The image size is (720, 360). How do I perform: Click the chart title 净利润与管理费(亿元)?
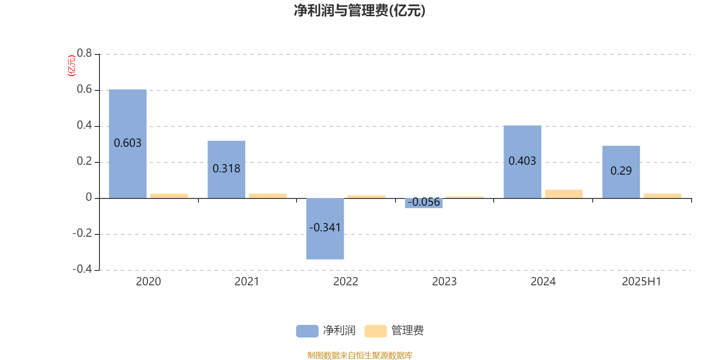[x=360, y=11]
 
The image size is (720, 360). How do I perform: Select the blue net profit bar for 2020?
[x=128, y=144]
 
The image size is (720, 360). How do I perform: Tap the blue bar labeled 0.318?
[x=226, y=169]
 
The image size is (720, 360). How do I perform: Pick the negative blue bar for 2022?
[x=325, y=229]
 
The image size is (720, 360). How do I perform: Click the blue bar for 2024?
[x=522, y=162]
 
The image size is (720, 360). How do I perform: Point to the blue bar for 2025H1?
[x=621, y=172]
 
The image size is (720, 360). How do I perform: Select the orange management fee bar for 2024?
[x=564, y=194]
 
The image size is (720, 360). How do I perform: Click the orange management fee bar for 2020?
[x=169, y=196]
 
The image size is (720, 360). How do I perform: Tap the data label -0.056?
[x=423, y=202]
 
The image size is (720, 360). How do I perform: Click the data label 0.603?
[x=128, y=143]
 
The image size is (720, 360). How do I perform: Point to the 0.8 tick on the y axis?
[x=84, y=53]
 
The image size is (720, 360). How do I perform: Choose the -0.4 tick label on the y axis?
[x=82, y=269]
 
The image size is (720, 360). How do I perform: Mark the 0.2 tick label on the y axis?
[x=84, y=161]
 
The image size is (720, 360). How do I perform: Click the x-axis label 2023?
[x=444, y=282]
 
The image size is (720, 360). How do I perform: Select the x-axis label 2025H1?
[x=642, y=282]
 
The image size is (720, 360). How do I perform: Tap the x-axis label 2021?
[x=247, y=282]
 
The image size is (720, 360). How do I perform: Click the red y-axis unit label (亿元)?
[x=72, y=66]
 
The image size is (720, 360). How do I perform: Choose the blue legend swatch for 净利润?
[x=307, y=331]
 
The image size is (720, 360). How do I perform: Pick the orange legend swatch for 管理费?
[x=375, y=331]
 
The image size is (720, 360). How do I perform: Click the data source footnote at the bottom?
[x=360, y=355]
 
